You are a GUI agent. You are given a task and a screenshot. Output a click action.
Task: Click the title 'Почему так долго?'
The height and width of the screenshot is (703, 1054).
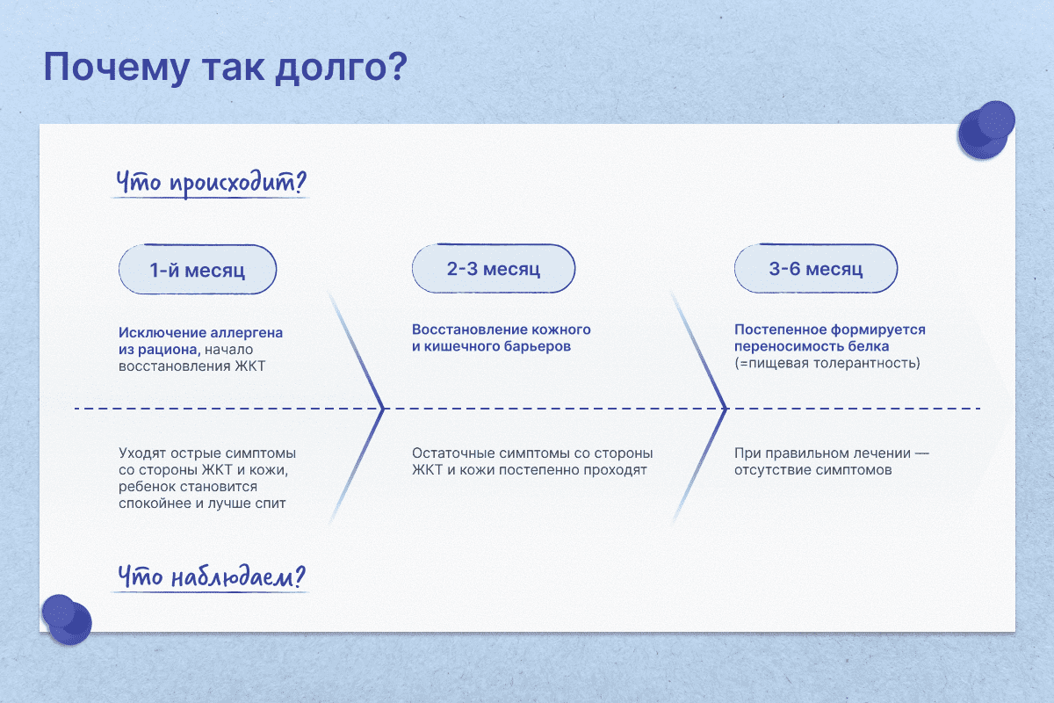[x=226, y=69]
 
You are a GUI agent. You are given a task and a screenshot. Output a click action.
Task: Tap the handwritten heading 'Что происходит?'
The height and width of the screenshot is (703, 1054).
[x=211, y=183]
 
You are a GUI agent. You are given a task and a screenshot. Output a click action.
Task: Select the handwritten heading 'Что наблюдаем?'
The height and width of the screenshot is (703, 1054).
[x=212, y=576]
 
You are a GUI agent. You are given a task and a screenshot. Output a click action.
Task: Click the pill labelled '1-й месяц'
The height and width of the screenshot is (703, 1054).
[x=198, y=269]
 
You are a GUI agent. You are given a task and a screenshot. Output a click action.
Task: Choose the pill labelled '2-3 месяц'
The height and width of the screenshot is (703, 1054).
[x=494, y=268]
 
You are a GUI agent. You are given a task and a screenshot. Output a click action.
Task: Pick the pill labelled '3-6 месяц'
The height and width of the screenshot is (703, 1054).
[x=816, y=268]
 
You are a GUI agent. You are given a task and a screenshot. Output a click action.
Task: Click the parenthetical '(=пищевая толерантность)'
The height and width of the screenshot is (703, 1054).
[x=827, y=363]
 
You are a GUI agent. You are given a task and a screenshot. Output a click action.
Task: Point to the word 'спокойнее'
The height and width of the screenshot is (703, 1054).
[x=155, y=504]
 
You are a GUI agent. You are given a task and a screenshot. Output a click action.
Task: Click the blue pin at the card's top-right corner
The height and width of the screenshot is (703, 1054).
[x=986, y=129]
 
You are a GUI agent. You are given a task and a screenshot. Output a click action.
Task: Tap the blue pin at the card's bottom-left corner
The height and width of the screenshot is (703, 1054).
[x=67, y=620]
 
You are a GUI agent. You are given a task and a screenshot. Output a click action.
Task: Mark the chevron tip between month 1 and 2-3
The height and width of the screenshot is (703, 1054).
[x=384, y=409]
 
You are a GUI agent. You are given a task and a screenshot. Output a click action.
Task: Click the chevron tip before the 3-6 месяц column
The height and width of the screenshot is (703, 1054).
[x=726, y=409]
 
